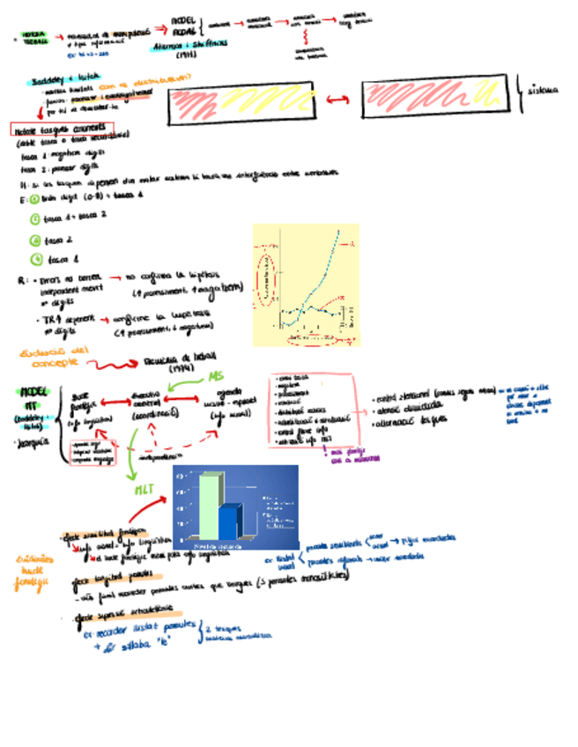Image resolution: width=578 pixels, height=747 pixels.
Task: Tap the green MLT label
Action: (x=146, y=489)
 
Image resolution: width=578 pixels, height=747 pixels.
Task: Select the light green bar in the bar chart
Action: (x=210, y=507)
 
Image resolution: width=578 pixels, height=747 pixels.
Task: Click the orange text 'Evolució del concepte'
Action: (x=48, y=357)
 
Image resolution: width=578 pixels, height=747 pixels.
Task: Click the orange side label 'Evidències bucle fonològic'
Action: (x=33, y=573)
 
